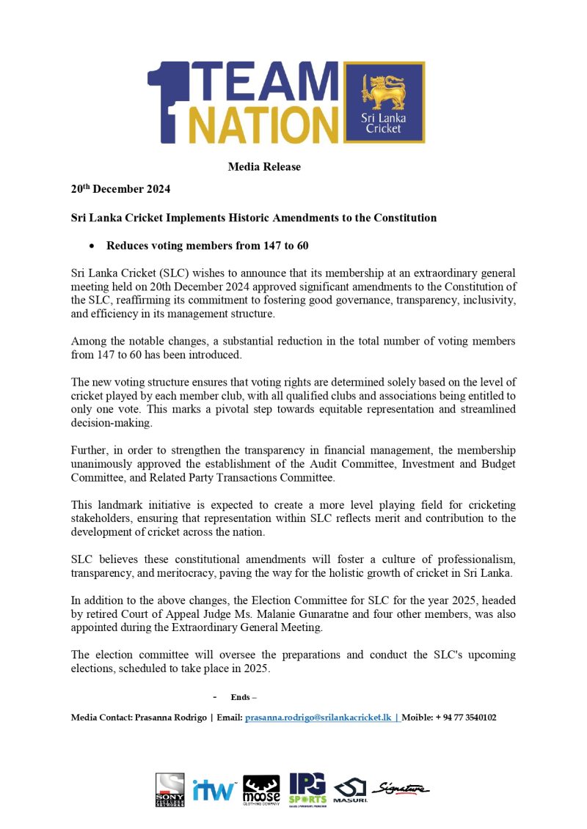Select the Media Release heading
pyautogui.click(x=264, y=167)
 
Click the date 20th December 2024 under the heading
pyautogui.click(x=120, y=189)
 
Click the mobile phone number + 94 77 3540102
pyautogui.click(x=466, y=718)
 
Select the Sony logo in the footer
pyautogui.click(x=170, y=789)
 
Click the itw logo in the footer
pyautogui.click(x=214, y=789)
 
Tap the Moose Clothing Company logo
pyautogui.click(x=261, y=789)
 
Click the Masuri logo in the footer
pyautogui.click(x=351, y=790)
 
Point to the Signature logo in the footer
pyautogui.click(x=401, y=788)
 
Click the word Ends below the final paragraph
pyautogui.click(x=239, y=697)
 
